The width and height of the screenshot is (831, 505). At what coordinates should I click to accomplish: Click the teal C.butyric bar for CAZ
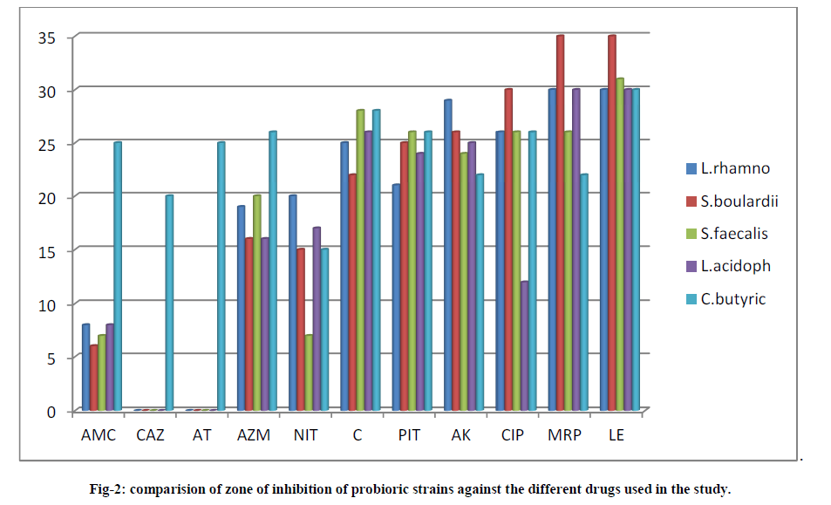tap(170, 302)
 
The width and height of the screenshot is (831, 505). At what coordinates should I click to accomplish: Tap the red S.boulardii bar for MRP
tap(561, 222)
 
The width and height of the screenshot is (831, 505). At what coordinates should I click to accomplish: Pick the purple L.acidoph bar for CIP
tap(525, 345)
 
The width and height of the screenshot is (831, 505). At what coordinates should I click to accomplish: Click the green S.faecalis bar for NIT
tap(308, 372)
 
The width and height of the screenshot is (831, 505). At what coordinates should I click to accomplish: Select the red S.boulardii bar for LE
tap(612, 222)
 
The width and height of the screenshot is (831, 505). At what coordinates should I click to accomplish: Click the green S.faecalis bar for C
tap(360, 260)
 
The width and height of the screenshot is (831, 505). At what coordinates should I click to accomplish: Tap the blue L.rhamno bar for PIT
tap(397, 297)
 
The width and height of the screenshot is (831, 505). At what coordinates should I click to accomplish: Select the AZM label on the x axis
tap(254, 434)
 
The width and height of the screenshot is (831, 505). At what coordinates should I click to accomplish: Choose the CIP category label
tap(513, 434)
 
